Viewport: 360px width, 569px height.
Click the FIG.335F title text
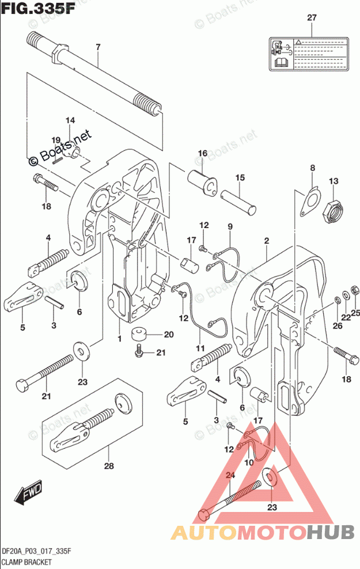(x=36, y=9)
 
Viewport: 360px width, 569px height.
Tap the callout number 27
(x=312, y=18)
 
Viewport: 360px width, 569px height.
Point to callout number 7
(x=98, y=46)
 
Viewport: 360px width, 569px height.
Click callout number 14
(x=70, y=120)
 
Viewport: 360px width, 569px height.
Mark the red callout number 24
(x=230, y=476)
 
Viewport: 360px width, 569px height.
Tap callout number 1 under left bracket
(x=120, y=339)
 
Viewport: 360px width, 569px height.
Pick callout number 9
(x=229, y=227)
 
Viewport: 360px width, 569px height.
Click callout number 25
(x=355, y=313)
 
